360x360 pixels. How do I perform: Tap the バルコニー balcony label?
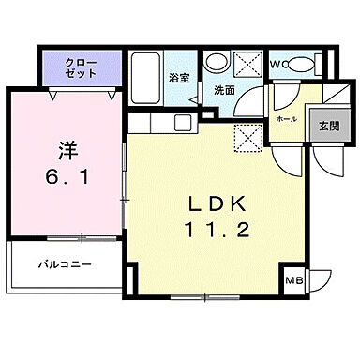click(x=65, y=265)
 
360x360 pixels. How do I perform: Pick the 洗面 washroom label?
click(x=224, y=91)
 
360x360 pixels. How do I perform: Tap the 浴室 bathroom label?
click(x=180, y=78)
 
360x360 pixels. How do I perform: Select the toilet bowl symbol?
click(x=302, y=66)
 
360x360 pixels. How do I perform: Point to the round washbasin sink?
click(x=216, y=64)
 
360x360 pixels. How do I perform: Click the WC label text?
click(x=277, y=65)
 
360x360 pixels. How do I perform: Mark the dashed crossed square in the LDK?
click(x=247, y=137)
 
